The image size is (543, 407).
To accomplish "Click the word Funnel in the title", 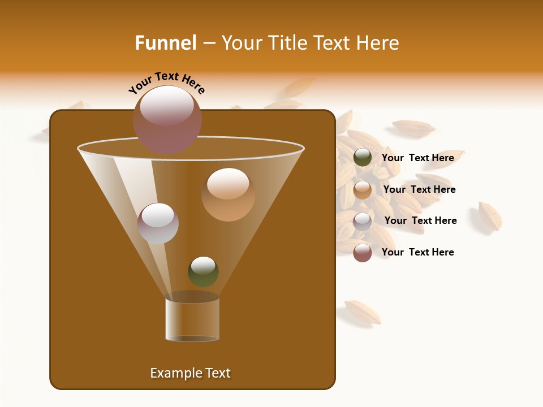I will coord(166,43).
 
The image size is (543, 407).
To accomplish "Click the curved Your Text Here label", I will coord(167,83).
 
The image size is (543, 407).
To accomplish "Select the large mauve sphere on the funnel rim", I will coord(167,120).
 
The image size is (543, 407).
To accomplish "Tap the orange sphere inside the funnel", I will coord(228,194).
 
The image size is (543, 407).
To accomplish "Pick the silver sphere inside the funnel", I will coord(158,223).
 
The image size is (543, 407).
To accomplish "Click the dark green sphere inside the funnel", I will coord(203,272).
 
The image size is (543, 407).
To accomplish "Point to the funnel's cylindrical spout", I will coord(192,319).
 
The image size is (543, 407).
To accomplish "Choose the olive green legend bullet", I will coord(363,158).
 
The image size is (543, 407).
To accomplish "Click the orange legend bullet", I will coord(363,189).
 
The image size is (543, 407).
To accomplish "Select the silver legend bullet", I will coord(363,221).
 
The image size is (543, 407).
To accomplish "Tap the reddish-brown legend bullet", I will coord(363,253).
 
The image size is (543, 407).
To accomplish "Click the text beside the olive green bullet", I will coord(418,158).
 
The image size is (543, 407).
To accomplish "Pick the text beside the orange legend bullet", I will coord(420,189).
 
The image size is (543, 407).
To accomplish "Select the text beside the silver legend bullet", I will coord(421,220).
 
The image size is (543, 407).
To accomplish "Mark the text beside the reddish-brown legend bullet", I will coord(418,252).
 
